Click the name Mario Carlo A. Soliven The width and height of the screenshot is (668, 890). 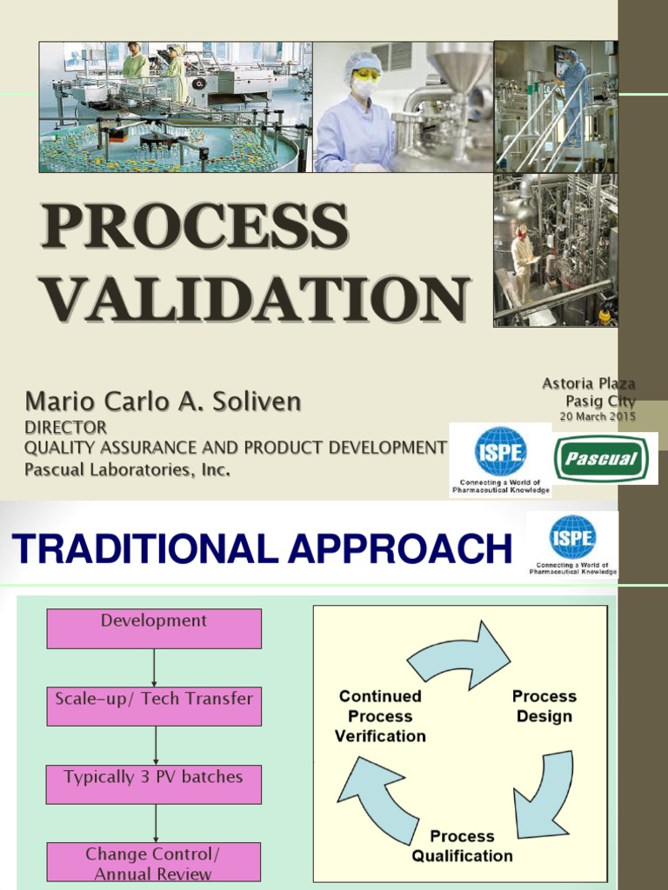pos(163,402)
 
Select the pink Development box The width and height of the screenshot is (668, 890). pos(154,628)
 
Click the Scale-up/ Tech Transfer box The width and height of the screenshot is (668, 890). pos(154,706)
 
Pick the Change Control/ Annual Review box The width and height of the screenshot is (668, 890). pos(154,862)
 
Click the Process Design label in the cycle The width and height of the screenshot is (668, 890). pos(544,706)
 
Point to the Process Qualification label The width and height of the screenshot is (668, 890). pos(462,846)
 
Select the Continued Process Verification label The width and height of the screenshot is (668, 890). pos(380,716)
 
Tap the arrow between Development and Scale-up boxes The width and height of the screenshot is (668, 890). pos(155,667)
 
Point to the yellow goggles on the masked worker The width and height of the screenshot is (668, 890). pos(366,75)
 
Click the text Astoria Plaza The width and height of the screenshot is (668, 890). pos(588,383)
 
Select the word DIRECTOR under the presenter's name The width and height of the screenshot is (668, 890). pos(65,428)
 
